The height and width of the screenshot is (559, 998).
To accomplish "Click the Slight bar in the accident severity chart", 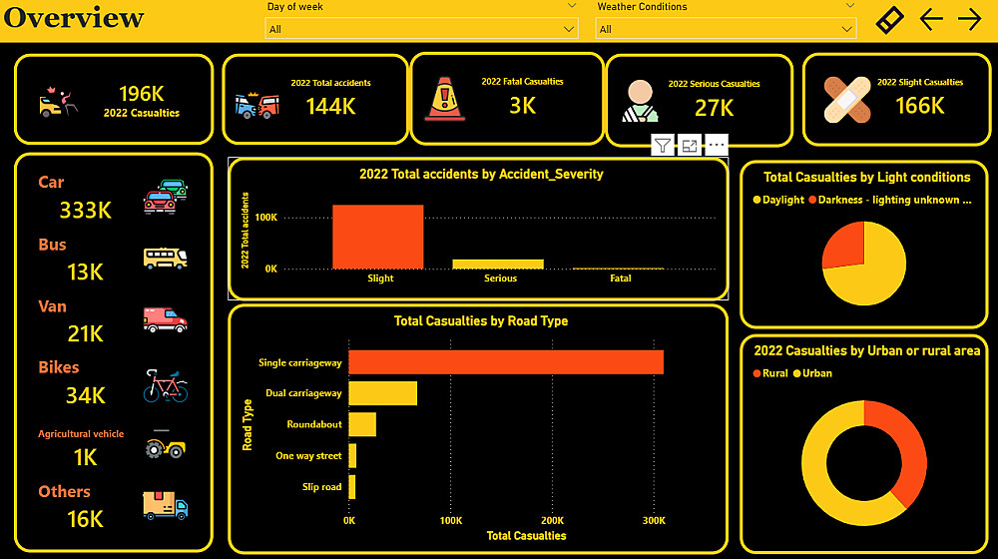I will (377, 237).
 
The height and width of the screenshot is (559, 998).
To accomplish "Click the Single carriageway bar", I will (505, 362).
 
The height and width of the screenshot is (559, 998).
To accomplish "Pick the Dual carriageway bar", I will (382, 393).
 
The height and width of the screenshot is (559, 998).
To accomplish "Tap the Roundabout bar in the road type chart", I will (361, 424).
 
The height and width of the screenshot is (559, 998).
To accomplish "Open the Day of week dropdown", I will (422, 29).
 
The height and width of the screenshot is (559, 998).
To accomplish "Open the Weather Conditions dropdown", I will (726, 29).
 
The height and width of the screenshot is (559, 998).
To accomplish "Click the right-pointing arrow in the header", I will (969, 19).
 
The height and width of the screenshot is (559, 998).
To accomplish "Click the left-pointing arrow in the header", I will (931, 19).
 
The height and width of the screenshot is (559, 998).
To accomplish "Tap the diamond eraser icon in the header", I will (889, 20).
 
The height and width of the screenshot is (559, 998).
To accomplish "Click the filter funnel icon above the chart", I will (663, 146).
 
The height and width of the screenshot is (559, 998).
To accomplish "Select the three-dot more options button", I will (717, 146).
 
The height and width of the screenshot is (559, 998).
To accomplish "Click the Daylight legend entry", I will (778, 200).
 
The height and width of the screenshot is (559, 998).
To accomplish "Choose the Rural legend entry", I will (769, 373).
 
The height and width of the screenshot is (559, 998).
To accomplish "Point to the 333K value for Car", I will (85, 210).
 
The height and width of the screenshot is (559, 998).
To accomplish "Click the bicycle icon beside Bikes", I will (165, 385).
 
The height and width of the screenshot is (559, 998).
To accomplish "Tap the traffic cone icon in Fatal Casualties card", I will (445, 98).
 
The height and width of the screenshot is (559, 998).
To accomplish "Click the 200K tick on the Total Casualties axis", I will (552, 521).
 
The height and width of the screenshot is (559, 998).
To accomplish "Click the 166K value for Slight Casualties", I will (919, 105).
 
